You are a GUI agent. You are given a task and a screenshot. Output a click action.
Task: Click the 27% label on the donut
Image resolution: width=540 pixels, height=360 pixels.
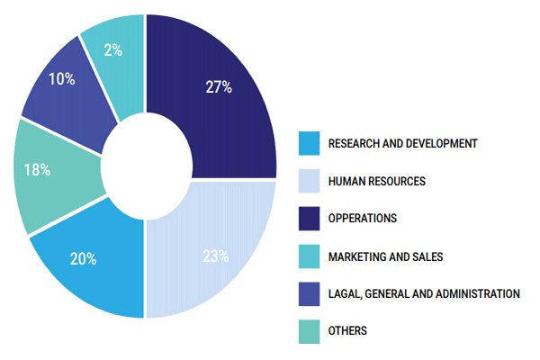[219, 86]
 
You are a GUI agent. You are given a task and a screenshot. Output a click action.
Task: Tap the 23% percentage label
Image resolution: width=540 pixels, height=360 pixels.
[216, 256]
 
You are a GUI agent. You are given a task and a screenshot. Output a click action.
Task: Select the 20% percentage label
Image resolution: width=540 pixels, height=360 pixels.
[84, 258]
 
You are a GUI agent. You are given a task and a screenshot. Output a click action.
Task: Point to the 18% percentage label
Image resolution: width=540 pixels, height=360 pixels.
[37, 170]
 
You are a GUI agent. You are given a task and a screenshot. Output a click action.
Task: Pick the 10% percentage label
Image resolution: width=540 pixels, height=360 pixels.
[61, 79]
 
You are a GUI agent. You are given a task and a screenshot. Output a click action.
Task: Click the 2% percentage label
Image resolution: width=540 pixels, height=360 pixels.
[113, 50]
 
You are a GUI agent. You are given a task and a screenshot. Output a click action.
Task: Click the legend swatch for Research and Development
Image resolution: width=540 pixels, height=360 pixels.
[310, 143]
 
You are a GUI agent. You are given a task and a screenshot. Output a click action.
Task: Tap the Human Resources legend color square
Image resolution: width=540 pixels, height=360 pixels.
[310, 181]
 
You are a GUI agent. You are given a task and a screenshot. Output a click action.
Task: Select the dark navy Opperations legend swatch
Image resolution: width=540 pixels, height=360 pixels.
[310, 219]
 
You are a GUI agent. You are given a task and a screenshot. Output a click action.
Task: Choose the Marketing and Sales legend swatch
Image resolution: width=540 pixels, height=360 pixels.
[310, 256]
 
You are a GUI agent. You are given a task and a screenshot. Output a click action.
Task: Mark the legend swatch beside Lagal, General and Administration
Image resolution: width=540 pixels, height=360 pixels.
[310, 294]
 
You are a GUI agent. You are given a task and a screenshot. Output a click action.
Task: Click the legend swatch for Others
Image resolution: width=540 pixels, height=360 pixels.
[310, 331]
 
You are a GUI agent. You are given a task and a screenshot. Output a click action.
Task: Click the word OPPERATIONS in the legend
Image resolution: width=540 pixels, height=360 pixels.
[363, 219]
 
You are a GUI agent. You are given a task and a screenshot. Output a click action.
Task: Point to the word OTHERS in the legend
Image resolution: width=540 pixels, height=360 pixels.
[347, 330]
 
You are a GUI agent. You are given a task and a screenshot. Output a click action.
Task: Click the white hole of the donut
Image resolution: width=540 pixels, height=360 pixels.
[147, 166]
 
